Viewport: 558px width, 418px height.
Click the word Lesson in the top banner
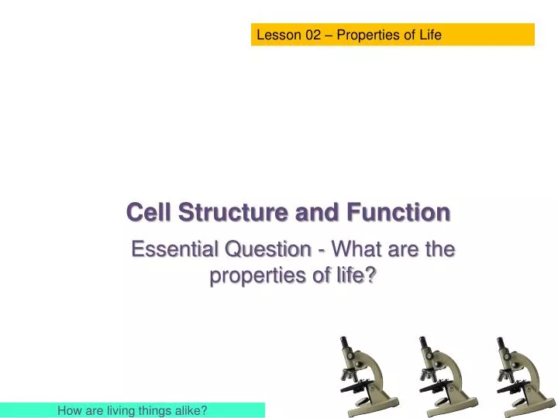point(277,35)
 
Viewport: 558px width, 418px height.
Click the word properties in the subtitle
point(257,276)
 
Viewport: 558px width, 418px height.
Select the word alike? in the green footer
point(191,410)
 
